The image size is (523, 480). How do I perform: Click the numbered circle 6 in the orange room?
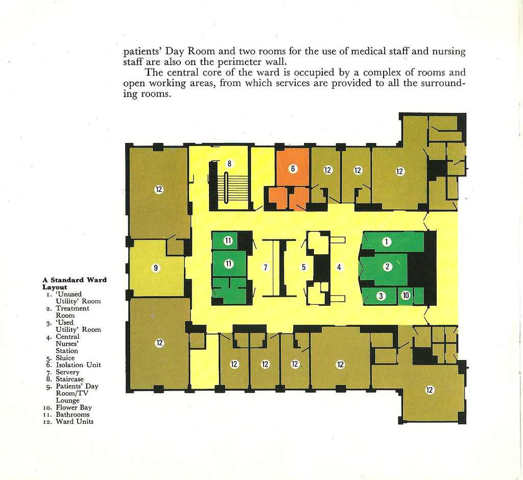293,169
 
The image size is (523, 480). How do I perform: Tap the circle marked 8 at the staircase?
229,163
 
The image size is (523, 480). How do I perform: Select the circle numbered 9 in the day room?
156,268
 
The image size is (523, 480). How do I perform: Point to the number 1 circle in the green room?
386,242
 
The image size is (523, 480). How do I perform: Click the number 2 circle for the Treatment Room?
387,267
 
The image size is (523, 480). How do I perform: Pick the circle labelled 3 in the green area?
381,296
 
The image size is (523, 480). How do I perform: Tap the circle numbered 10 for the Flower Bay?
406,296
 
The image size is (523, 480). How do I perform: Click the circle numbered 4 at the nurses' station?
339,267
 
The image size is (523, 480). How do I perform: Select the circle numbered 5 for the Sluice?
303,267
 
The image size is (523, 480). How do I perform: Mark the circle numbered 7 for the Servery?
266,268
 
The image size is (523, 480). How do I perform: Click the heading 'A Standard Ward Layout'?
75,283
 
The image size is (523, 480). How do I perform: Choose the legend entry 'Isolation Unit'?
78,365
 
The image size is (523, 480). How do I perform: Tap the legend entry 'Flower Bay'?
74,407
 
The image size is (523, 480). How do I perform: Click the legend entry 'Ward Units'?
75,421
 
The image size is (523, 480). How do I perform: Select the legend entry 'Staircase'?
69,379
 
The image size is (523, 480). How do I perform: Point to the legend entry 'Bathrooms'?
73,414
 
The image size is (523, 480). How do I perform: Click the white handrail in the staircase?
226,187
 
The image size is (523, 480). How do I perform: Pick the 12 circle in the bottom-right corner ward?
430,390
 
